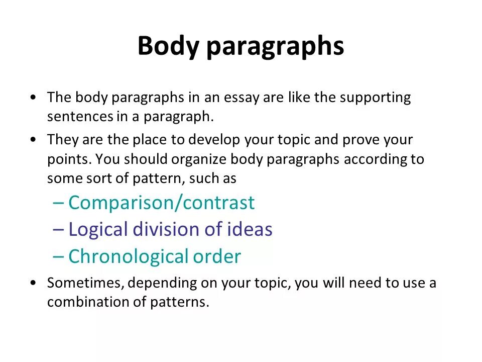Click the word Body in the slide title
[x=169, y=47]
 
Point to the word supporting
[x=375, y=99]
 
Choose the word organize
[x=200, y=159]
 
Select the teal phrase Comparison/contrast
[x=162, y=203]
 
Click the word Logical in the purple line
[x=98, y=230]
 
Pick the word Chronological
[x=129, y=256]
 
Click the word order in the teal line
[x=217, y=256]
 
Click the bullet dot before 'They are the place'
[x=33, y=139]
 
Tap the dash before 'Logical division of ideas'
[x=58, y=230]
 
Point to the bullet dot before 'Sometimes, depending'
[x=33, y=283]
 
